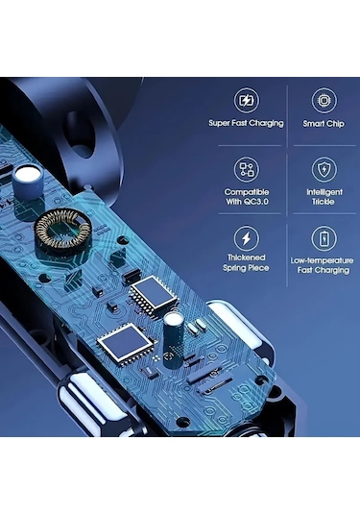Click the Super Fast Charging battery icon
pyautogui.click(x=247, y=101)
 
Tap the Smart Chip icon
pyautogui.click(x=324, y=101)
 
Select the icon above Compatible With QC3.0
pyautogui.click(x=247, y=170)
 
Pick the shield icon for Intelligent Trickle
pyautogui.click(x=324, y=170)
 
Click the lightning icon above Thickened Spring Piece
pyautogui.click(x=247, y=238)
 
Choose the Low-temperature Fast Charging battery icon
pyautogui.click(x=324, y=238)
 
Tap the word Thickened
pyautogui.click(x=247, y=257)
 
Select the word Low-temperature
pyautogui.click(x=324, y=259)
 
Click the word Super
pyautogui.click(x=220, y=123)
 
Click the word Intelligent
pyautogui.click(x=324, y=191)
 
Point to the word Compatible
pyautogui.click(x=247, y=191)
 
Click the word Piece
pyautogui.click(x=259, y=268)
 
